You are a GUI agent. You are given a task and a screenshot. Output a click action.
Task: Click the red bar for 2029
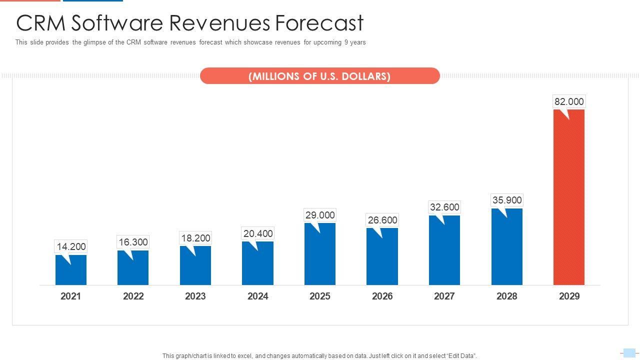tap(568, 197)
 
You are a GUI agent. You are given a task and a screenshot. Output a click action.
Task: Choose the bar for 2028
tap(506, 247)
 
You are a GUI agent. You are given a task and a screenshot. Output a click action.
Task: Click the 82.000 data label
tap(569, 101)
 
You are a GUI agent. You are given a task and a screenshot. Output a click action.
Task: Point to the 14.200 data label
tap(71, 246)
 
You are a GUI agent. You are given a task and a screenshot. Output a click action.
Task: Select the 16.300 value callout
tap(133, 242)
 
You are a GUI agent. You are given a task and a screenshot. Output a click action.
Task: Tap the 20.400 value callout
tap(258, 233)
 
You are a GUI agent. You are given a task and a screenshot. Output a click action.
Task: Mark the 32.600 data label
tap(444, 207)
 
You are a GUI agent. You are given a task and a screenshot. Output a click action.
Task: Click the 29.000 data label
tap(320, 215)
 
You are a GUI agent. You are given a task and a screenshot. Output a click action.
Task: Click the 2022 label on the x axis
tap(133, 296)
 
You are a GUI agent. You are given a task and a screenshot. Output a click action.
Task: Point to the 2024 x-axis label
tap(258, 296)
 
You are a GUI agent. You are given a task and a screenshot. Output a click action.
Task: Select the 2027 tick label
tap(444, 296)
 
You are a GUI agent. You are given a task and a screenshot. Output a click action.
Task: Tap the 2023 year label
tap(195, 296)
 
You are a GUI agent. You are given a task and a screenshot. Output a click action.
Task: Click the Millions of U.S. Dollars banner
tap(319, 76)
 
